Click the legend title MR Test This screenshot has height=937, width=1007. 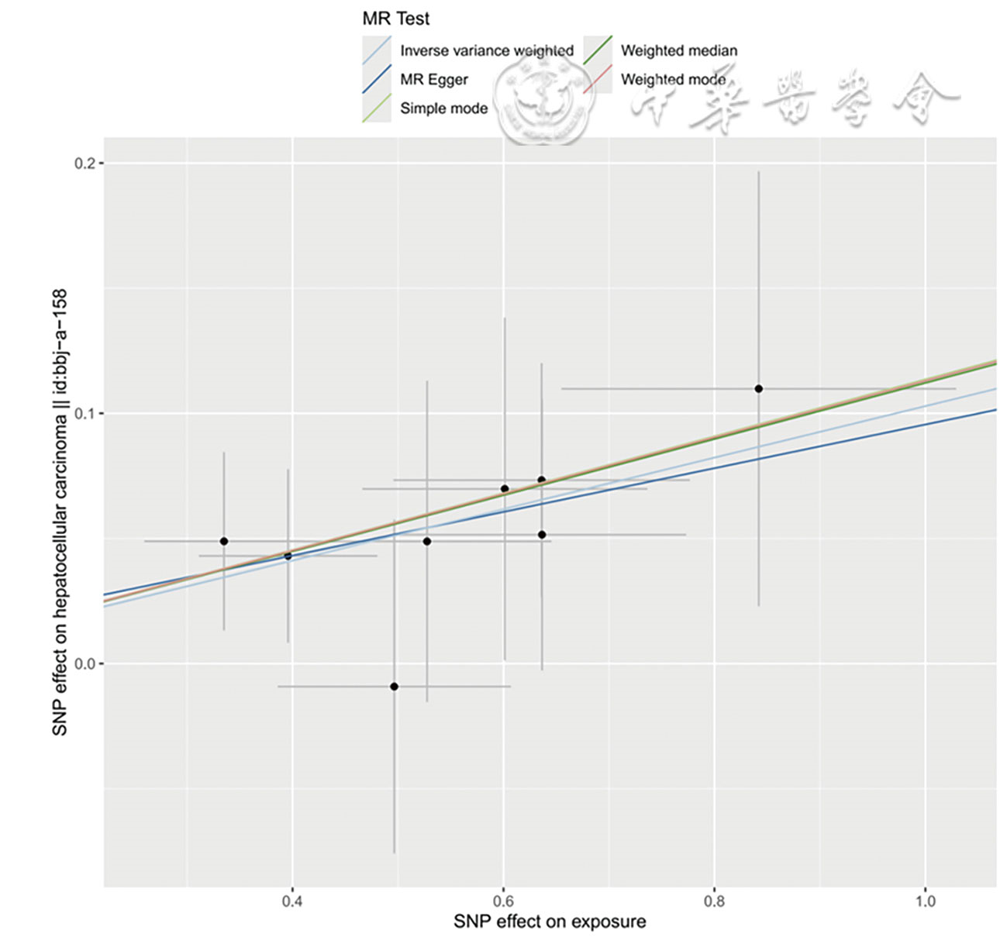(395, 19)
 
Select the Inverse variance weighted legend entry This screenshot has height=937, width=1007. (486, 51)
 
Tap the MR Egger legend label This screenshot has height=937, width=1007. (433, 80)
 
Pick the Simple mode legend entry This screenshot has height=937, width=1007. (443, 109)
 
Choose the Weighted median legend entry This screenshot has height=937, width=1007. (678, 51)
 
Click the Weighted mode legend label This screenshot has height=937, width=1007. (673, 80)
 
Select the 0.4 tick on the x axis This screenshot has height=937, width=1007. (292, 901)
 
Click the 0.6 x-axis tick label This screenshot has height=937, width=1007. (503, 901)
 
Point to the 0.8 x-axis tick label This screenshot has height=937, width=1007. (714, 901)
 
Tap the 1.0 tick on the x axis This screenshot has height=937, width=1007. (925, 901)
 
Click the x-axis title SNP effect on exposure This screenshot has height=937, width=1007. (550, 921)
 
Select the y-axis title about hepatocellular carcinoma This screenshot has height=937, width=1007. (60, 512)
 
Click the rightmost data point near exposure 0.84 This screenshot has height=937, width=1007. (759, 388)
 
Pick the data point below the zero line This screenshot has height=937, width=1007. (394, 686)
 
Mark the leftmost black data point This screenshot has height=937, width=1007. (224, 541)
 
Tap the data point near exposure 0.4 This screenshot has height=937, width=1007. (288, 556)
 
